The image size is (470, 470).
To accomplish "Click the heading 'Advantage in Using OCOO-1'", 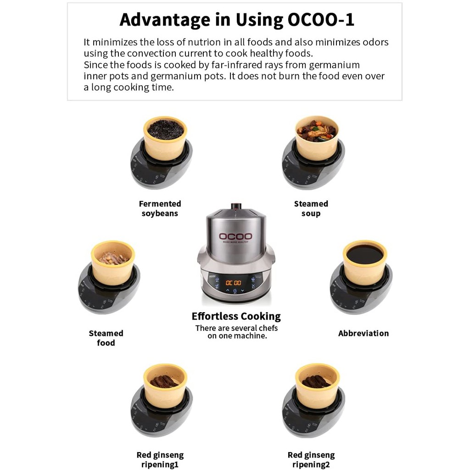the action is coord(237,20).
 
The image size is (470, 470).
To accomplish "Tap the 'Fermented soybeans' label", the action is coord(160,209).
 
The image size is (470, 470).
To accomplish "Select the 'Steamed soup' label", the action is coord(311,209).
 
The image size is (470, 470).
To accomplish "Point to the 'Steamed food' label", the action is coord(106,338).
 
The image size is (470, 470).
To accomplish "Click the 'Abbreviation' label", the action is coord(364,333).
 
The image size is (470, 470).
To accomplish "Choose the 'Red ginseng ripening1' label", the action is coord(160,460).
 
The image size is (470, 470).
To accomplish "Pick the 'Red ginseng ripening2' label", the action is coord(311,460).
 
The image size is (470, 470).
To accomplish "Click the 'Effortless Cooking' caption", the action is coord(236,317).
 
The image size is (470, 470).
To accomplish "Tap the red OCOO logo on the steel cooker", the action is coord(235,236).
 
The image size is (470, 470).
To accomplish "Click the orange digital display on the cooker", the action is coord(233,283).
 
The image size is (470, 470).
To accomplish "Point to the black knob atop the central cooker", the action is coord(236,206).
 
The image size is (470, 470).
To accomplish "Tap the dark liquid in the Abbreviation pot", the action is coord(365,255).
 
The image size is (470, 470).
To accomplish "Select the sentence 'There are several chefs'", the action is coord(236,328).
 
